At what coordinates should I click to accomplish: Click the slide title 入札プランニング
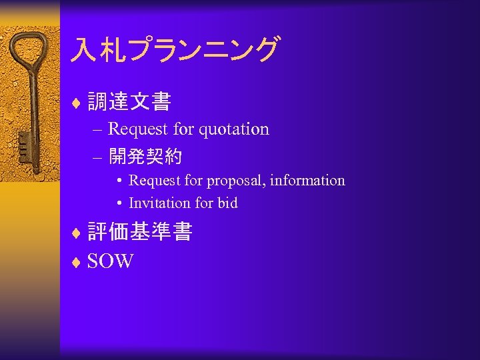point(177,50)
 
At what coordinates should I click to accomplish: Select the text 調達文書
point(129,102)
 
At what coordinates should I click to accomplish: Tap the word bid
point(227,203)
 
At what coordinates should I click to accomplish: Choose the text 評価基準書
point(140,231)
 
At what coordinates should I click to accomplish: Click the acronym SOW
point(110,261)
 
